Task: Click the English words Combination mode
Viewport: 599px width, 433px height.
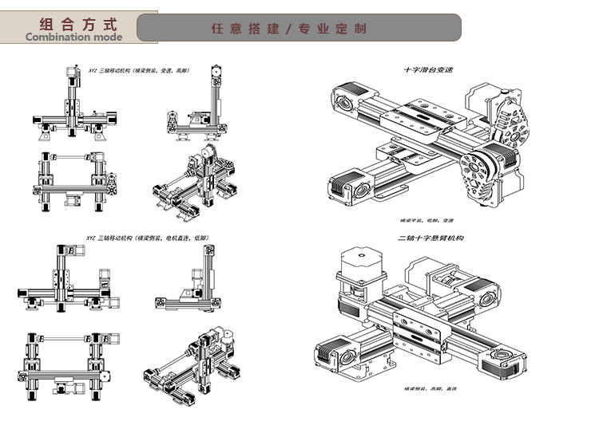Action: (73, 37)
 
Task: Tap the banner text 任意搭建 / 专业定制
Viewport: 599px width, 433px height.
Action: (289, 29)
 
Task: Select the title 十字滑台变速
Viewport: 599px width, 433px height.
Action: (427, 70)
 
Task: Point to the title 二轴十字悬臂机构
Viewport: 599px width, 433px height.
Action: (430, 238)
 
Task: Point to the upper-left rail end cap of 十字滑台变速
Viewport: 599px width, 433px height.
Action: (344, 104)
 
